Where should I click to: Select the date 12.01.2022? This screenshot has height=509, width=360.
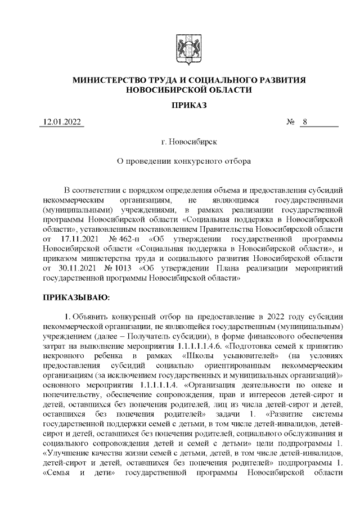tap(62, 123)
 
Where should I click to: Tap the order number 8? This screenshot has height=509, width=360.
tap(304, 123)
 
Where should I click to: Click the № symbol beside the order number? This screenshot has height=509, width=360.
tap(291, 123)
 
